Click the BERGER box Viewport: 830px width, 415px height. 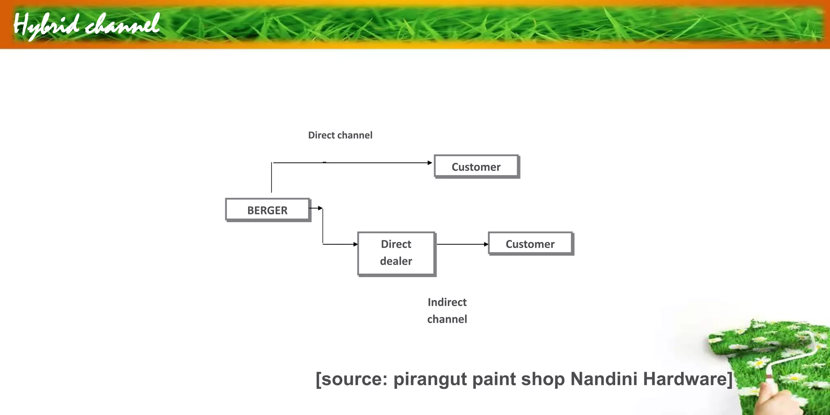(x=268, y=210)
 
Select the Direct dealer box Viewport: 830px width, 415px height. (x=396, y=253)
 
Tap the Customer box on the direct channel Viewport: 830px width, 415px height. (x=476, y=167)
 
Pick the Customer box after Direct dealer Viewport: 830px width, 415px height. (x=530, y=244)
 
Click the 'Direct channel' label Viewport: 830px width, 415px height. (x=340, y=135)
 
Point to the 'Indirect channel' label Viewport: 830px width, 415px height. (x=447, y=310)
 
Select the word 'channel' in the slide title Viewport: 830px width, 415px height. (x=122, y=25)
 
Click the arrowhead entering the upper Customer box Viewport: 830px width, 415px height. (x=430, y=163)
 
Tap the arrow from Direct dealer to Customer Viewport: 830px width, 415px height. (x=462, y=244)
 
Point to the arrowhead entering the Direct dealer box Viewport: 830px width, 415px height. (x=355, y=244)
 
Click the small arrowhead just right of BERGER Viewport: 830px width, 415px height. (x=320, y=208)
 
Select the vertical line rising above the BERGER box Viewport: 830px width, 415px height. (x=272, y=178)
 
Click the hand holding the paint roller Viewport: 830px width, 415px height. (x=766, y=399)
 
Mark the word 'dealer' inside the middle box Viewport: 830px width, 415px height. (x=396, y=261)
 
